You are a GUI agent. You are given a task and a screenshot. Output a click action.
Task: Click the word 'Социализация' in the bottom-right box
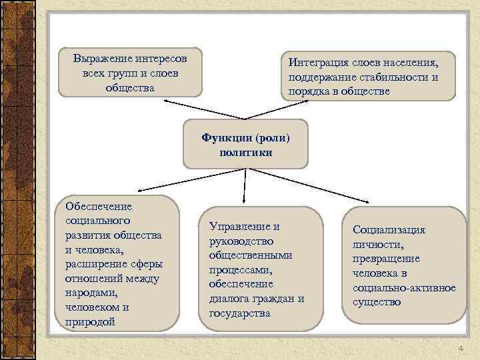pos(389,229)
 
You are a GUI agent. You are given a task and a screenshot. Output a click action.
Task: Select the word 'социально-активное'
pos(404,287)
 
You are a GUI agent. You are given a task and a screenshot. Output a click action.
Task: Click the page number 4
pos(460,349)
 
